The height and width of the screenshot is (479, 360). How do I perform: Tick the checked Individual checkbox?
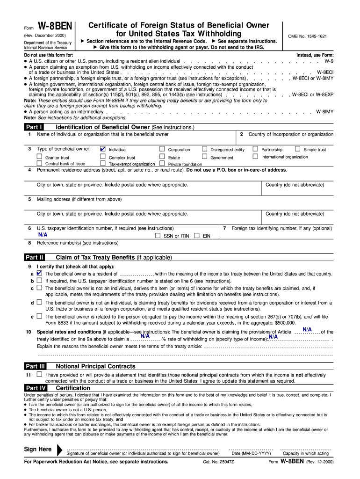point(103,149)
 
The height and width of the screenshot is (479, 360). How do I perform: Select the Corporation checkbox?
point(162,149)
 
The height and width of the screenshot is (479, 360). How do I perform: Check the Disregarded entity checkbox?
point(205,149)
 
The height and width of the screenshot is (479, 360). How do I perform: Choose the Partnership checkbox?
point(255,149)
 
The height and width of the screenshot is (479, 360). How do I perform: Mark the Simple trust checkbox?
point(298,149)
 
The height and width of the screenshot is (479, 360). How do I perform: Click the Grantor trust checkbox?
point(40,157)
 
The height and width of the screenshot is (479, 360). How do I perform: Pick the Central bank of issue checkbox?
point(40,164)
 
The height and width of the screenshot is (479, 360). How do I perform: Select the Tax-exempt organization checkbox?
point(103,164)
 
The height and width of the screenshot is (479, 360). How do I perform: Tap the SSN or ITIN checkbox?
point(158,236)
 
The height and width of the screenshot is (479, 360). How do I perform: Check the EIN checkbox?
point(197,236)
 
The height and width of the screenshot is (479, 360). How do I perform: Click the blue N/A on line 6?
point(43,235)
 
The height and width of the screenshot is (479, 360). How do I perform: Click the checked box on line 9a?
point(39,273)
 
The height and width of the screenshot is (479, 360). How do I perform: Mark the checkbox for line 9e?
point(39,316)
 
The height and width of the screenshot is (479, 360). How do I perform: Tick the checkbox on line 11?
point(39,374)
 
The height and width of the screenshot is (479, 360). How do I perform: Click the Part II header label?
point(35,257)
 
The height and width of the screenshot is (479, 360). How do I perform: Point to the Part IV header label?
point(35,388)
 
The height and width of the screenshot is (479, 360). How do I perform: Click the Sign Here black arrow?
point(59,450)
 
